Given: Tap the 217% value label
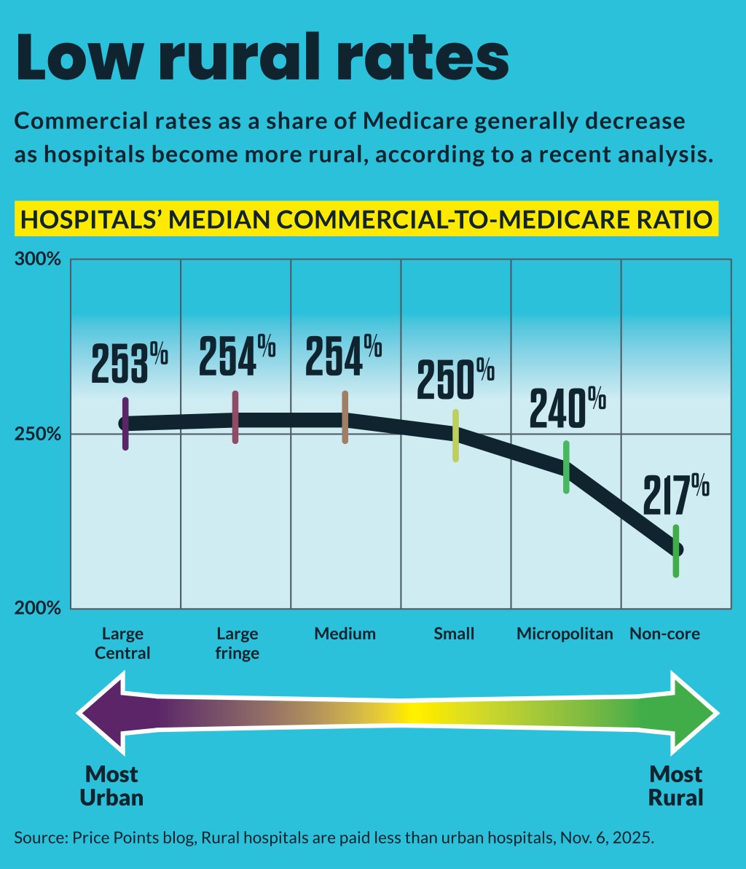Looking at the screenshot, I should point(675,496).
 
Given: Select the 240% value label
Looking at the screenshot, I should point(568,409).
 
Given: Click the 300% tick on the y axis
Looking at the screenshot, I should point(37,260).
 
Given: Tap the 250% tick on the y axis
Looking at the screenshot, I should point(37,434).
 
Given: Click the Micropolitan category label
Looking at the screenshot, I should point(565,634).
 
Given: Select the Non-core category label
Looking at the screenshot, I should point(664,634).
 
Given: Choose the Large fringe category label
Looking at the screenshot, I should point(237,642).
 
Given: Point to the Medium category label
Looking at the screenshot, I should point(345,634).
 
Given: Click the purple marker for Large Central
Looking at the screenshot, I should point(125,424).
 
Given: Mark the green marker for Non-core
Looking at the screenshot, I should point(676,550).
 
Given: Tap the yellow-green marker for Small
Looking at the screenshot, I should point(455,435).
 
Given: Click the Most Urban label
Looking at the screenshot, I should point(111,785).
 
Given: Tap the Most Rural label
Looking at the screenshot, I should point(676,785).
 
